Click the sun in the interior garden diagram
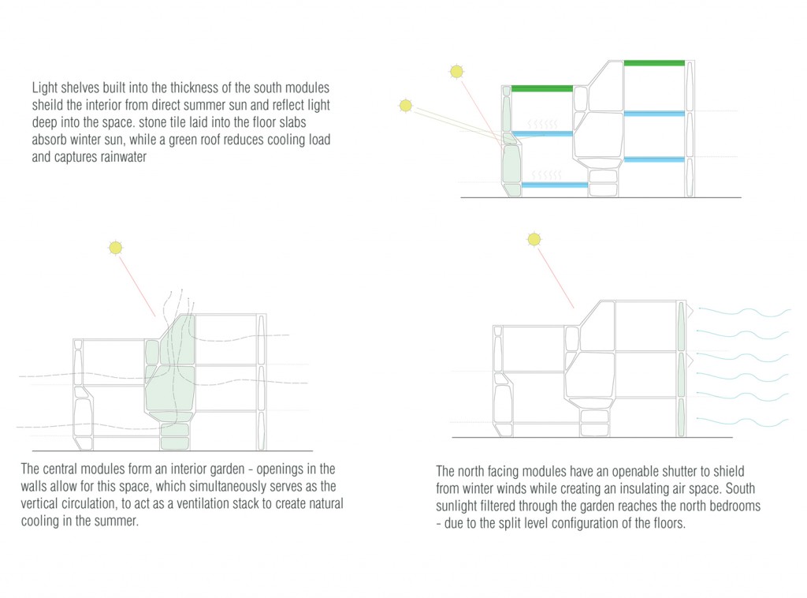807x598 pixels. coord(116,248)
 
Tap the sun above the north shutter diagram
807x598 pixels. coord(534,239)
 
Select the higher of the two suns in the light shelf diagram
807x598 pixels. coord(456,71)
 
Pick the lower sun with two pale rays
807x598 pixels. coord(406,106)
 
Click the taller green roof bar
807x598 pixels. coord(654,63)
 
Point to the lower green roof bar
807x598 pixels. coord(542,88)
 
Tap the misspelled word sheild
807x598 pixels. coord(47,105)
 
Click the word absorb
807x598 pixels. coord(49,140)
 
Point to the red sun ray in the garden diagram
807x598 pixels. coord(137,286)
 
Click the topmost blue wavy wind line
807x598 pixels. coord(744,312)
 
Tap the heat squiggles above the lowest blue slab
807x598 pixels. coord(546,176)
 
